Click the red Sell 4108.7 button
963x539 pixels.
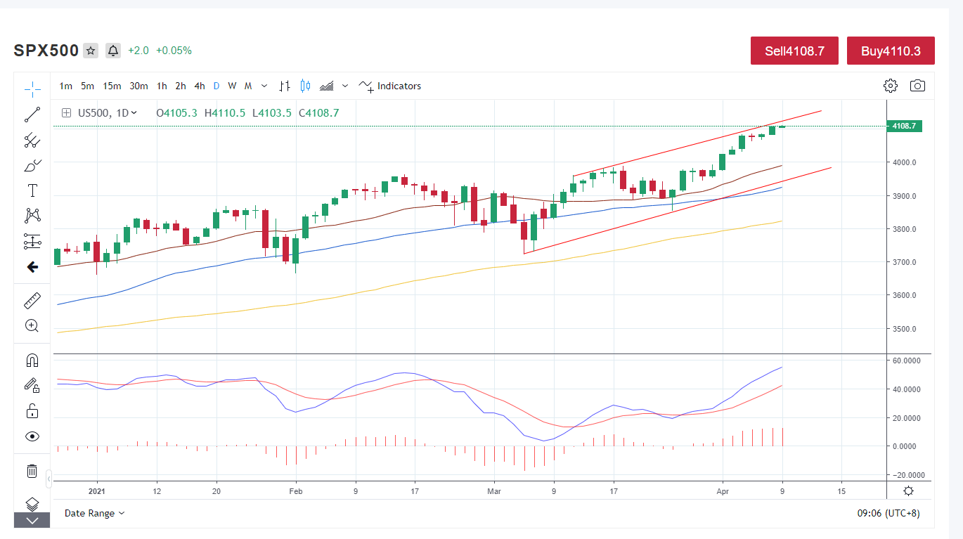794,51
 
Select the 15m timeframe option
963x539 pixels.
112,86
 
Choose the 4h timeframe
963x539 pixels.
200,86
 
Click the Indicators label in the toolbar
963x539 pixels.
399,86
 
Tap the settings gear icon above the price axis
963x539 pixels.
891,86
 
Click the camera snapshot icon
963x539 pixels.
917,86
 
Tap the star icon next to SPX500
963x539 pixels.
91,51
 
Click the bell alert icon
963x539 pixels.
113,51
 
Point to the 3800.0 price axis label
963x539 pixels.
905,229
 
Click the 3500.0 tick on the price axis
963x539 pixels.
905,329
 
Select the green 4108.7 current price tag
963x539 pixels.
904,126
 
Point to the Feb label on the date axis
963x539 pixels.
296,491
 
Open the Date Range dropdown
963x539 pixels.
94,513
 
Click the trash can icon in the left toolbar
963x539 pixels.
32,471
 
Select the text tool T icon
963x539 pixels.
32,190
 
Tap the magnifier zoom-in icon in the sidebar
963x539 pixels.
32,325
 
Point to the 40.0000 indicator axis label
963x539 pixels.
907,389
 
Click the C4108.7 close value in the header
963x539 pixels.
318,112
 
